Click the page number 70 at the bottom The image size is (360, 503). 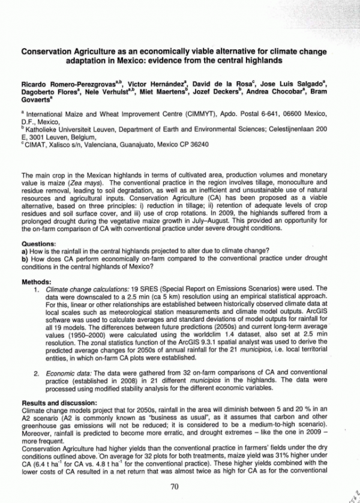[175, 486]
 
